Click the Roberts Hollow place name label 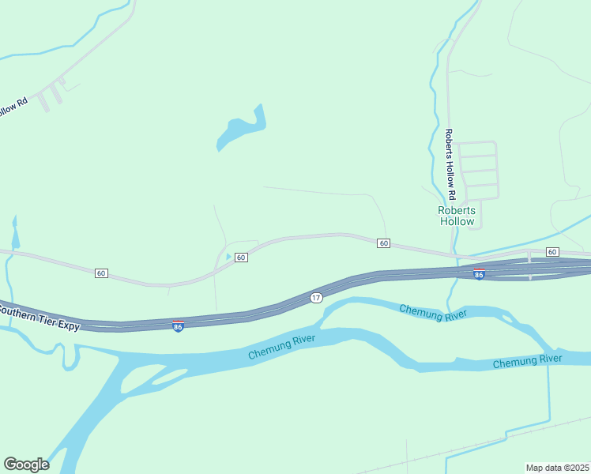point(457,216)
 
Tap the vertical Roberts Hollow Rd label point(450,164)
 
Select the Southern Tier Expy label point(40,316)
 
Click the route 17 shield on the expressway point(316,297)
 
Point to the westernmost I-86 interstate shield point(179,325)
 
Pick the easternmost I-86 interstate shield point(479,274)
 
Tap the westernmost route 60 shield point(100,273)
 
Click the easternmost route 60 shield point(551,252)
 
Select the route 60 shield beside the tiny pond point(241,258)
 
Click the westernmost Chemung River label point(281,347)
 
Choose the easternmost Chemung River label point(527,361)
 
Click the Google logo point(26,465)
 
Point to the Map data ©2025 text point(557,468)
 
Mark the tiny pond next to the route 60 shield point(228,257)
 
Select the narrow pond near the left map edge point(14,234)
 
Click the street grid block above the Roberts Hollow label point(478,169)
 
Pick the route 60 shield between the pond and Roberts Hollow point(383,243)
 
